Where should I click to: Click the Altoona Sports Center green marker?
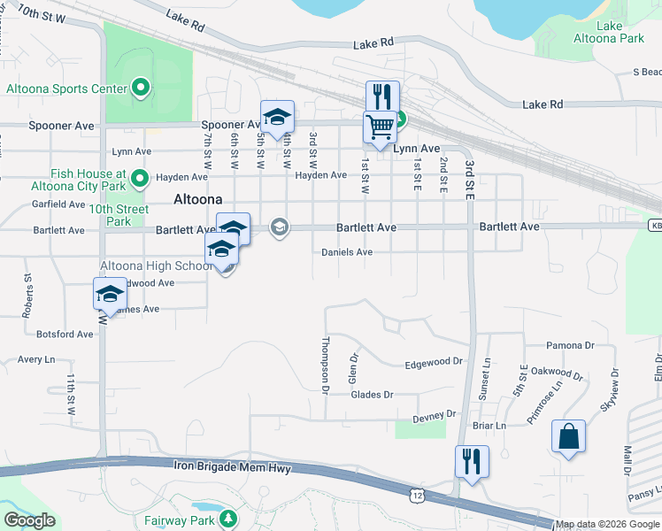point(140,88)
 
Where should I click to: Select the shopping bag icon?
point(567,436)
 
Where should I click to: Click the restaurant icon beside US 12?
point(471,462)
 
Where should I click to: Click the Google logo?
point(29,520)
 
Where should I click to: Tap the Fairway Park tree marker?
point(228,519)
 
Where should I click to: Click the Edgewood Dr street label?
point(434,362)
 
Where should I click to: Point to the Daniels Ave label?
point(347,252)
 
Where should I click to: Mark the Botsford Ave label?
point(65,334)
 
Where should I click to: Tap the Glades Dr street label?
point(372,395)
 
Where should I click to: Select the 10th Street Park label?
point(117,216)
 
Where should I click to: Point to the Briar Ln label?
point(489,425)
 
